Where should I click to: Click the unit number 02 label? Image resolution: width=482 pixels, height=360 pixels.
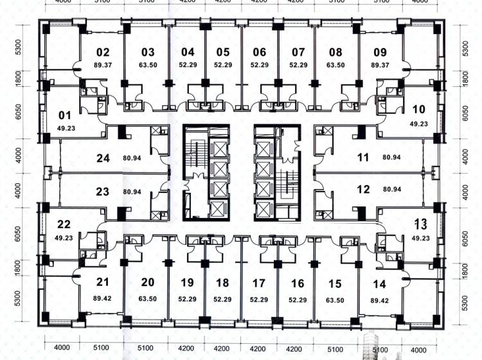103,52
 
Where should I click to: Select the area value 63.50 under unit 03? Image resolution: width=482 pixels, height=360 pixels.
148,65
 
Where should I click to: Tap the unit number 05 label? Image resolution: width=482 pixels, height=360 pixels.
223,52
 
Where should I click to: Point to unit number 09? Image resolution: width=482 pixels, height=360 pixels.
380,52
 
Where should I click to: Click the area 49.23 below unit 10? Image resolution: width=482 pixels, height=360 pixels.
418,124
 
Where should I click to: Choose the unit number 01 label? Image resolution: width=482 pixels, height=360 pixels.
64,115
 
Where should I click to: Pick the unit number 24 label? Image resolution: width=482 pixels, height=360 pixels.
103,158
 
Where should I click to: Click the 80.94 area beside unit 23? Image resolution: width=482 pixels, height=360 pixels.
132,192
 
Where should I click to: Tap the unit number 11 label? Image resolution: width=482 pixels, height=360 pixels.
363,157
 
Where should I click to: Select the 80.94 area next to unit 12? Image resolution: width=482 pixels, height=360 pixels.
392,189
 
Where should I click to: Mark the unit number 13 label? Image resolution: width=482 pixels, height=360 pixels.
421,224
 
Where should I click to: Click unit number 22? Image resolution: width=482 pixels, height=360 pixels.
64,224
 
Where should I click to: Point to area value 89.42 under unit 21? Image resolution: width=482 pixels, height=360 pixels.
102,298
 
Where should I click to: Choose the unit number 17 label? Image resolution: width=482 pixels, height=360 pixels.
258,283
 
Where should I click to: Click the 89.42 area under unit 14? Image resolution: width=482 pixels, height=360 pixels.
380,300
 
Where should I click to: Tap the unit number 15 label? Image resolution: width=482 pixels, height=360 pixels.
335,283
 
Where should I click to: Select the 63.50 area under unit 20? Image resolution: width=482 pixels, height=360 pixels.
148,299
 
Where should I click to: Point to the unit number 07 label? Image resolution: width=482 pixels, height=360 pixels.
298,52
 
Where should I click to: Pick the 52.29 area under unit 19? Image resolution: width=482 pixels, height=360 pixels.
187,299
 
